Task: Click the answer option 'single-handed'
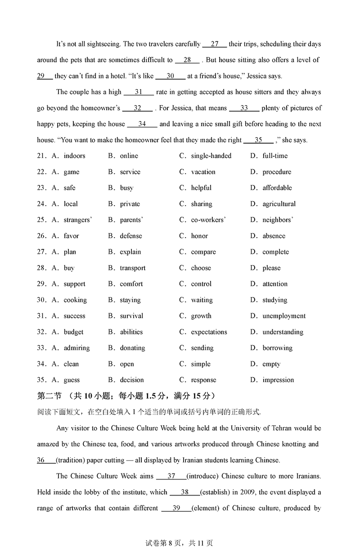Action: (x=211, y=156)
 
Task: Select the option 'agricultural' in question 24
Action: (x=279, y=204)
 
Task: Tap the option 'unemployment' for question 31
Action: (x=284, y=316)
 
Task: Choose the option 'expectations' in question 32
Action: (x=209, y=332)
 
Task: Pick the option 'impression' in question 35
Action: (x=278, y=380)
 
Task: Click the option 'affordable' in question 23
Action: (x=277, y=188)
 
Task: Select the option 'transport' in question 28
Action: (x=133, y=268)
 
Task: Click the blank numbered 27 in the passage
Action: (x=215, y=44)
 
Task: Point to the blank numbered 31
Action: (x=139, y=92)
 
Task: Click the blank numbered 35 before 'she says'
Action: (x=258, y=140)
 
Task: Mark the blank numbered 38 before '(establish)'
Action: (x=184, y=492)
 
